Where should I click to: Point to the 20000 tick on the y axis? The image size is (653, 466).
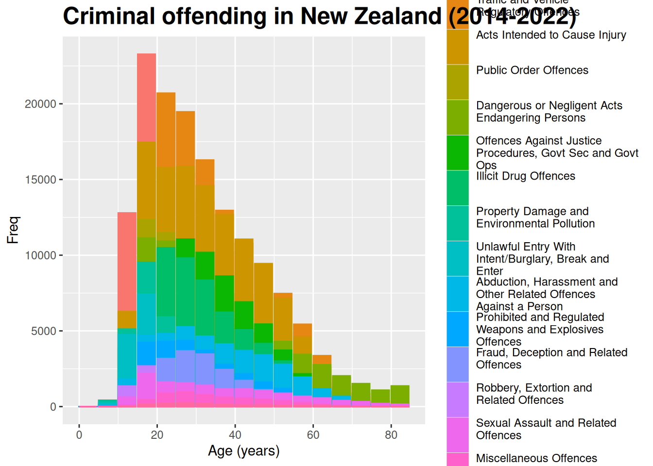point(41,104)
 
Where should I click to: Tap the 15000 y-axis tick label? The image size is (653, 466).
point(41,180)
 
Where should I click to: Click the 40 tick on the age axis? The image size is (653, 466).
point(235,435)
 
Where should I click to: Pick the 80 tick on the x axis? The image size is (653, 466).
point(391,435)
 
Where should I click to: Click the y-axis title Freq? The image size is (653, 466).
point(13,230)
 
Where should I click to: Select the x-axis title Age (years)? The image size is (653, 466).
point(243,451)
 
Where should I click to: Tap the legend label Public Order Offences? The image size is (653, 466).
point(532,70)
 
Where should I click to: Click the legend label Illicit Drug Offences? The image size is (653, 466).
point(525,176)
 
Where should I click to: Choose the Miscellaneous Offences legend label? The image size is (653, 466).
point(536,458)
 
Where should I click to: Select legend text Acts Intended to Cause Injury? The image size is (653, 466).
point(551,35)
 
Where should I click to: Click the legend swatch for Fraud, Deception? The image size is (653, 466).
point(458,364)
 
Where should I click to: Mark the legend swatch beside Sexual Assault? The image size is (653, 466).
point(458,434)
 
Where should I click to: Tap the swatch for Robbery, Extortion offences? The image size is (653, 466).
point(458,399)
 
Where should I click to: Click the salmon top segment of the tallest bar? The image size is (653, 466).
point(146,97)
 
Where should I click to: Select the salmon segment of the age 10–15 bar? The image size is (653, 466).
point(127,261)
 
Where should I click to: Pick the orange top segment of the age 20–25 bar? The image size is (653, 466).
point(166,129)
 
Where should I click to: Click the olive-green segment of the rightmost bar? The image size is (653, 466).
point(400,394)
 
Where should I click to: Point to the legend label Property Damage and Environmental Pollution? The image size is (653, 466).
point(535,217)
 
